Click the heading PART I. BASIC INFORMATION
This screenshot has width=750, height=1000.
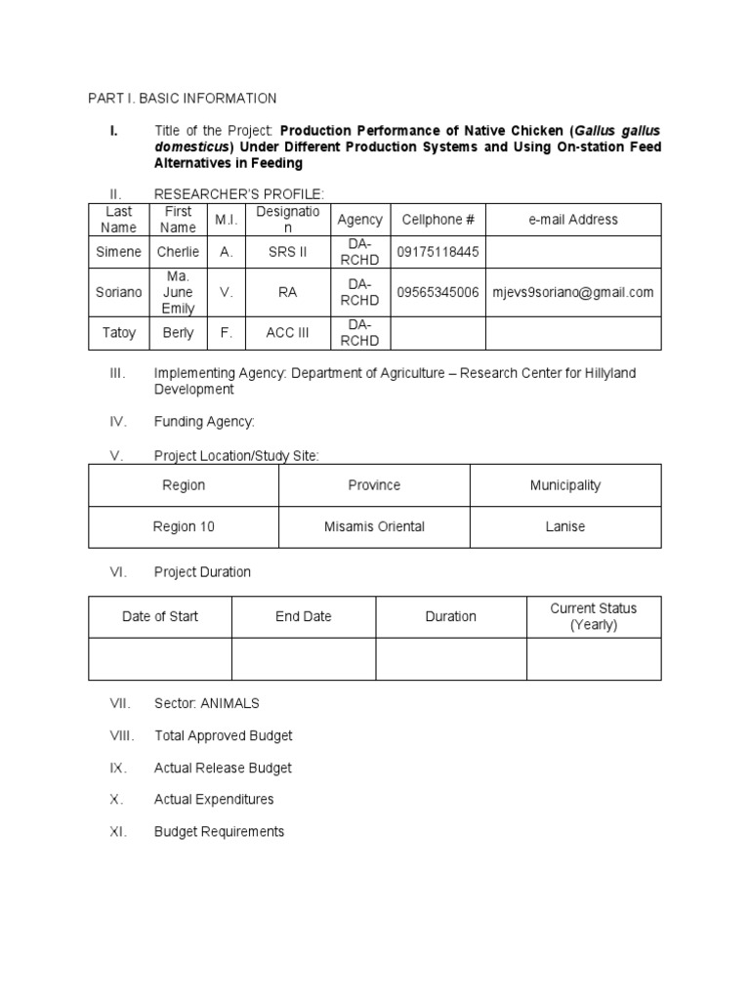pos(182,99)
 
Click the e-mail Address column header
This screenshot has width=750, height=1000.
pos(572,220)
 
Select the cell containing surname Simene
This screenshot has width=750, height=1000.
pos(118,252)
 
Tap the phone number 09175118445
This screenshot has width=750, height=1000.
pos(437,252)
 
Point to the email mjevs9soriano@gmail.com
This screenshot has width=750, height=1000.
pos(572,292)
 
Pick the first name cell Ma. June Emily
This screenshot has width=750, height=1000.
pos(178,292)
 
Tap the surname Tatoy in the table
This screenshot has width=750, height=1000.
pos(118,333)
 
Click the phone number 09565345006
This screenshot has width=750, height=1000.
pos(437,292)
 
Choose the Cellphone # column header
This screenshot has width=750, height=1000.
pos(437,220)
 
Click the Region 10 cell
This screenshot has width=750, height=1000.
pos(184,526)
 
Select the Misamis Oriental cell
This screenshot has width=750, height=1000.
pos(374,526)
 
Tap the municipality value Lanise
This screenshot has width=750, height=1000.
pos(564,526)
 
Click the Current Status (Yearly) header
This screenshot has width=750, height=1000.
pos(593,616)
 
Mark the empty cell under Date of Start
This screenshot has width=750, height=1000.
pos(160,659)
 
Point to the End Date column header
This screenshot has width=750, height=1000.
pos(303,616)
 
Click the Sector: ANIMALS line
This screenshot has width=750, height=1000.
pos(206,703)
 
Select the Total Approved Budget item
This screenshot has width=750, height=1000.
pos(223,735)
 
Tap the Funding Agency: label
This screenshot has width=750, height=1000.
pos(204,422)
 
